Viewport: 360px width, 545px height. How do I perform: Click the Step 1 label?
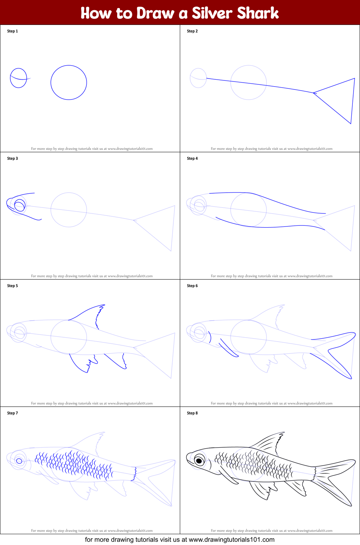click(x=12, y=31)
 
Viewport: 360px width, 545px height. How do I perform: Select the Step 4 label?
click(x=192, y=158)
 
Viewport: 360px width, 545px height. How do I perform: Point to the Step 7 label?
click(x=12, y=413)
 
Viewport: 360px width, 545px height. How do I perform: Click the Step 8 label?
click(x=192, y=413)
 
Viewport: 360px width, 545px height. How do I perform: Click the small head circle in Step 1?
click(x=18, y=78)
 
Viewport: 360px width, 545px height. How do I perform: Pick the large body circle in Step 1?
click(x=68, y=82)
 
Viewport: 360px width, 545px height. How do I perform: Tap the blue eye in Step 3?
click(x=19, y=205)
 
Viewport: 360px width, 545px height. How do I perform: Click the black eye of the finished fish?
click(x=199, y=461)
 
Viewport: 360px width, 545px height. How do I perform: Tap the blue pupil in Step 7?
click(x=19, y=461)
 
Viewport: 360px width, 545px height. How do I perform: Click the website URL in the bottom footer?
click(x=231, y=540)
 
